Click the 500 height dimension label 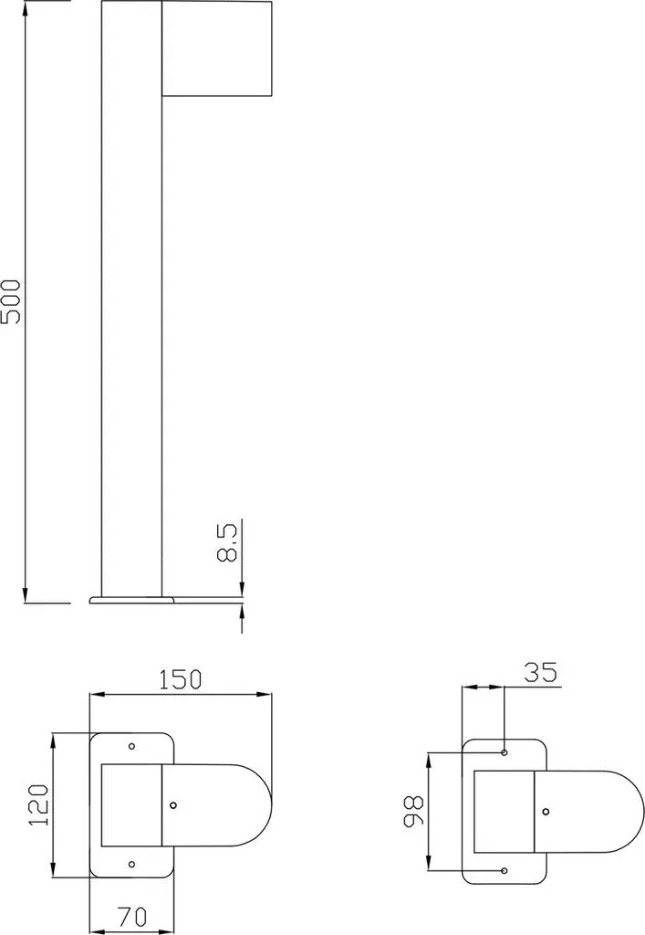(11, 301)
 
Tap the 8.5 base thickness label (227, 542)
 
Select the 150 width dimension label (181, 679)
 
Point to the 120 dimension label (38, 804)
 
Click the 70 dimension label (131, 916)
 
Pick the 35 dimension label (540, 673)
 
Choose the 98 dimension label (413, 811)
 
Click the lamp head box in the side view (217, 47)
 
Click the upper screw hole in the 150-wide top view (132, 746)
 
